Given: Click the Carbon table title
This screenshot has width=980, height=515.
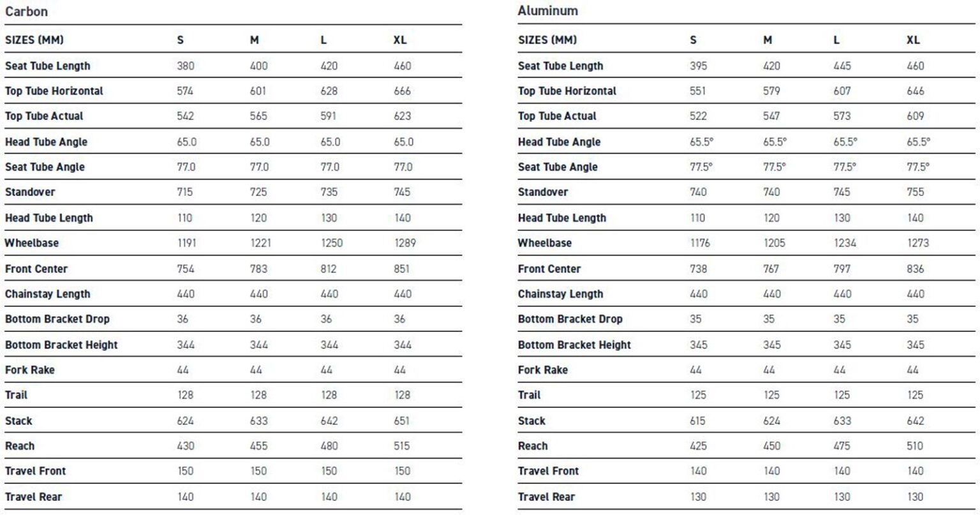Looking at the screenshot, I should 26,11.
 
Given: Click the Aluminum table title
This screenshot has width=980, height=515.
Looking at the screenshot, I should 547,11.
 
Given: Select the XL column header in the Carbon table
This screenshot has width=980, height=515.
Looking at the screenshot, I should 399,40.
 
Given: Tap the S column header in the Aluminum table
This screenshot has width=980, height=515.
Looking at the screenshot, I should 693,40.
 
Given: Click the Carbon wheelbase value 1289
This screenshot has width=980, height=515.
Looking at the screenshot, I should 405,243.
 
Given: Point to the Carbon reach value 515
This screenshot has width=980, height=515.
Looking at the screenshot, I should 402,446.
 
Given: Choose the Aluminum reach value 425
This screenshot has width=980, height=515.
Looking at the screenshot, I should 698,446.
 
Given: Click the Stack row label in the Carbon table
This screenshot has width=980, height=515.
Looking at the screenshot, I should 19,421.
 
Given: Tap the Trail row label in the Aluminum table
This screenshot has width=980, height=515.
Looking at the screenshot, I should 529,395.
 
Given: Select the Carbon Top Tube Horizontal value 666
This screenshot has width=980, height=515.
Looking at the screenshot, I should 402,91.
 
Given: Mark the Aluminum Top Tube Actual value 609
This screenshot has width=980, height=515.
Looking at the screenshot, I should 915,116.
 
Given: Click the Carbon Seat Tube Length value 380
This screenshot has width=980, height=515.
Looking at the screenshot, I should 186,66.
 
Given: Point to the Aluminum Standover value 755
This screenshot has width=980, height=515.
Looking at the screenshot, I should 915,192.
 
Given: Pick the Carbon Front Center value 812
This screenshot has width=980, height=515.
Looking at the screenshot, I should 328,269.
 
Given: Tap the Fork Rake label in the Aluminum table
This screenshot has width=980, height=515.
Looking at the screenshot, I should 542,369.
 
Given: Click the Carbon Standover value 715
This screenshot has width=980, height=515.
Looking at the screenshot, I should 184,192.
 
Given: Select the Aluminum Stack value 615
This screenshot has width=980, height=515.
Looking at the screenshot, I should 698,421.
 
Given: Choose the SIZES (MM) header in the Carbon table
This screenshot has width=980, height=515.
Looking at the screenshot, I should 34,40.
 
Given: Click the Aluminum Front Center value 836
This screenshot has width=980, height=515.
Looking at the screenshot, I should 915,269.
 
